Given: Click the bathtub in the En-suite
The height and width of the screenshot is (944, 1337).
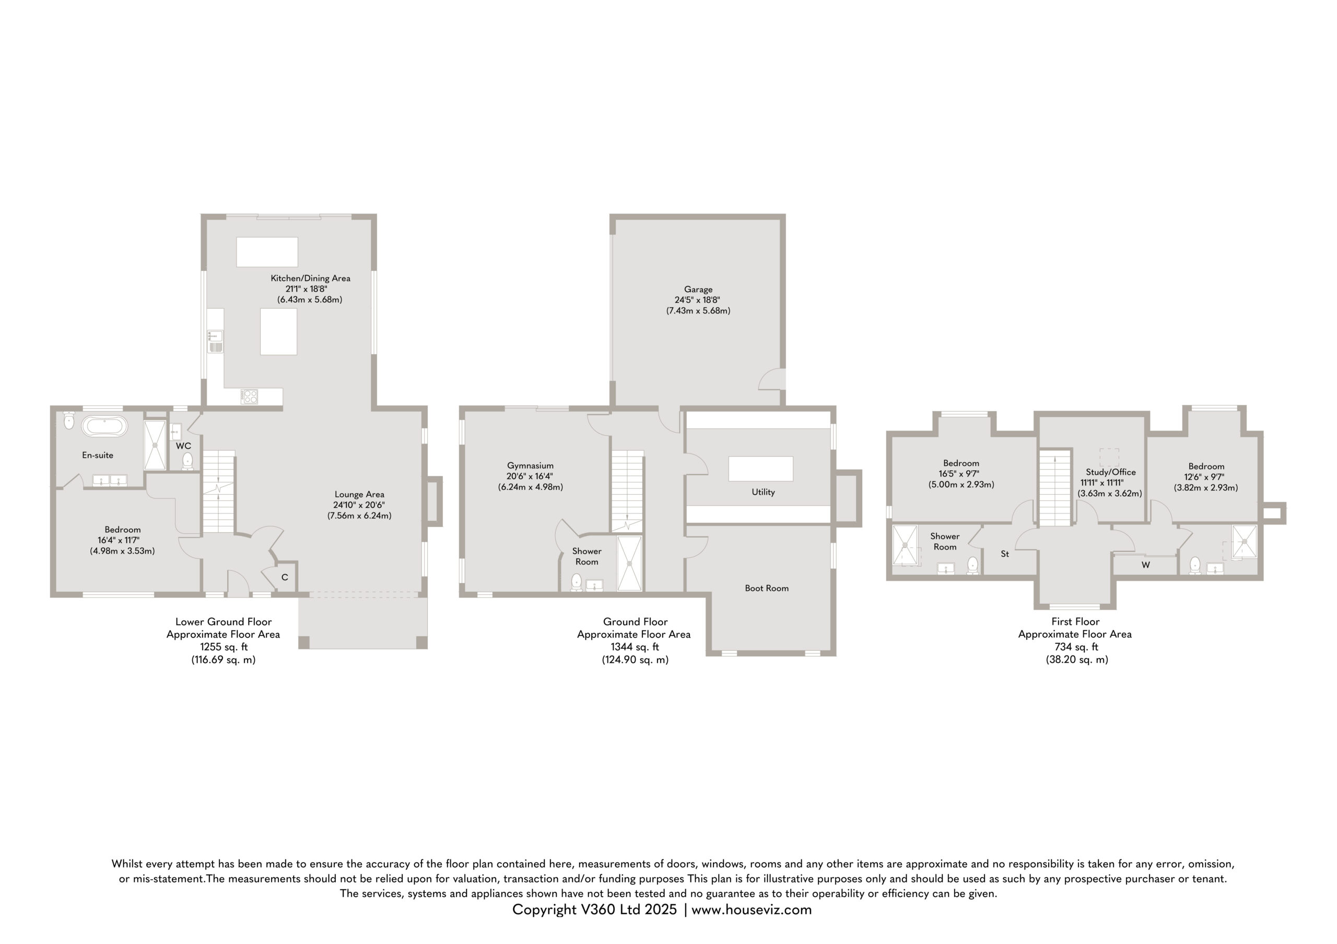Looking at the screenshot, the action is pyautogui.click(x=104, y=426).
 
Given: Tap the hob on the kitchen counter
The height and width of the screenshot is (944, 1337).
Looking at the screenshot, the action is pyautogui.click(x=250, y=397).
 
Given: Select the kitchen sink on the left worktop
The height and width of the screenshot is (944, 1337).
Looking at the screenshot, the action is pyautogui.click(x=215, y=341).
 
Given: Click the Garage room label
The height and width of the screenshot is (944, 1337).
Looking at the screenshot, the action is pyautogui.click(x=698, y=289).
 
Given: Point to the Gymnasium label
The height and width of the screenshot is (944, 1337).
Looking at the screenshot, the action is pyautogui.click(x=530, y=465).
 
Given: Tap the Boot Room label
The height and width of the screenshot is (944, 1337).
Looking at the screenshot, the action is pyautogui.click(x=767, y=589).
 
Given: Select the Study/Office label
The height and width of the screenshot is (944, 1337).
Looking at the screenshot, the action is pyautogui.click(x=1110, y=472).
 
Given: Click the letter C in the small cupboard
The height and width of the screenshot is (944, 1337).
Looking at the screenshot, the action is pyautogui.click(x=285, y=577).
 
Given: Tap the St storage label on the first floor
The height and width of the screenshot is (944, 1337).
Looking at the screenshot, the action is pyautogui.click(x=1004, y=554).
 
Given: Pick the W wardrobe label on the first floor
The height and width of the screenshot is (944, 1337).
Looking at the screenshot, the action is pyautogui.click(x=1145, y=565).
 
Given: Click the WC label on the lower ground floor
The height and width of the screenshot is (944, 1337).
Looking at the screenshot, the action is pyautogui.click(x=183, y=446).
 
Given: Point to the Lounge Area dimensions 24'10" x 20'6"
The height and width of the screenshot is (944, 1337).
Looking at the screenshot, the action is pyautogui.click(x=359, y=505).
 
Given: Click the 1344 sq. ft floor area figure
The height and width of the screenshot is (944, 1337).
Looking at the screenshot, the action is pyautogui.click(x=635, y=647).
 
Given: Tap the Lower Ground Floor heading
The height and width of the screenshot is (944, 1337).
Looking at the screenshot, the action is pyautogui.click(x=224, y=622).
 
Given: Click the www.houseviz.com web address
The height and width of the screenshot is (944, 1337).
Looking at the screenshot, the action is pyautogui.click(x=751, y=910).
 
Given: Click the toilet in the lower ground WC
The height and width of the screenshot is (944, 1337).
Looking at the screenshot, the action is pyautogui.click(x=187, y=460).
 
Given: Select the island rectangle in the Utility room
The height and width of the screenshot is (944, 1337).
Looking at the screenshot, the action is pyautogui.click(x=760, y=469).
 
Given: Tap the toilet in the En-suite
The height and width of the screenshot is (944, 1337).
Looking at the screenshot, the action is pyautogui.click(x=69, y=420).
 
